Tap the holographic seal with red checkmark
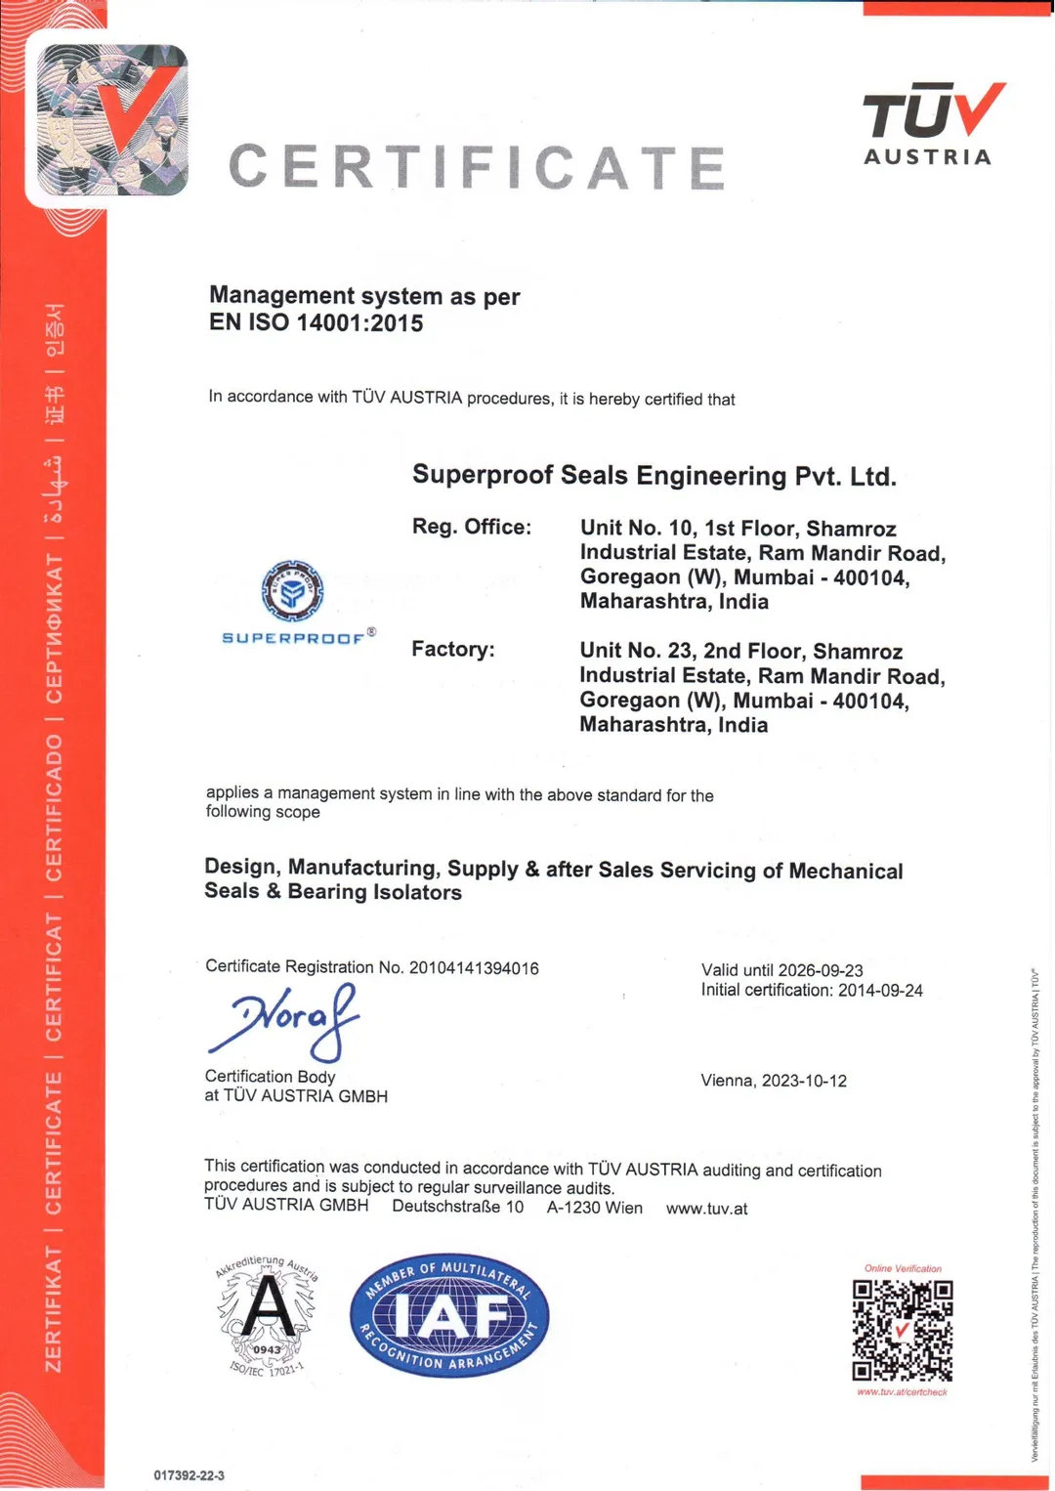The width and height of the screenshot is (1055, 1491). pyautogui.click(x=111, y=120)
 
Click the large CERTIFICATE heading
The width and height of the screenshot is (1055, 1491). pyautogui.click(x=477, y=167)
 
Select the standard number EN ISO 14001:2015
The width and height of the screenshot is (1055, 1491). pyautogui.click(x=316, y=323)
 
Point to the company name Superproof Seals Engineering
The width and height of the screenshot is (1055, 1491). pyautogui.click(x=654, y=476)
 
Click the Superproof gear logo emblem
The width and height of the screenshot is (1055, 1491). pyautogui.click(x=292, y=590)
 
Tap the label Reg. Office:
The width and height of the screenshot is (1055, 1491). pyautogui.click(x=472, y=527)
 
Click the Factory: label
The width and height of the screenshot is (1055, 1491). pyautogui.click(x=453, y=650)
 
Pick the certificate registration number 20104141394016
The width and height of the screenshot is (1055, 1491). pyautogui.click(x=474, y=968)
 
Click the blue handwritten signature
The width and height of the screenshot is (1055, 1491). pyautogui.click(x=284, y=1020)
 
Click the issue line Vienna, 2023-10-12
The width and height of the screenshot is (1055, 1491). pyautogui.click(x=774, y=1081)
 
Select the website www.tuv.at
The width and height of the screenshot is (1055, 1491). pyautogui.click(x=706, y=1209)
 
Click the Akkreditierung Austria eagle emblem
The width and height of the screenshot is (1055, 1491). pyautogui.click(x=267, y=1315)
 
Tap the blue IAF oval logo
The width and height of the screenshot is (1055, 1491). pyautogui.click(x=449, y=1316)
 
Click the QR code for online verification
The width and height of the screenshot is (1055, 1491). pyautogui.click(x=902, y=1330)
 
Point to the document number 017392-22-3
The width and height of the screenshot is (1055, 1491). pyautogui.click(x=189, y=1475)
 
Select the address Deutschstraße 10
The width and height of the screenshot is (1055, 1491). pyautogui.click(x=457, y=1207)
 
